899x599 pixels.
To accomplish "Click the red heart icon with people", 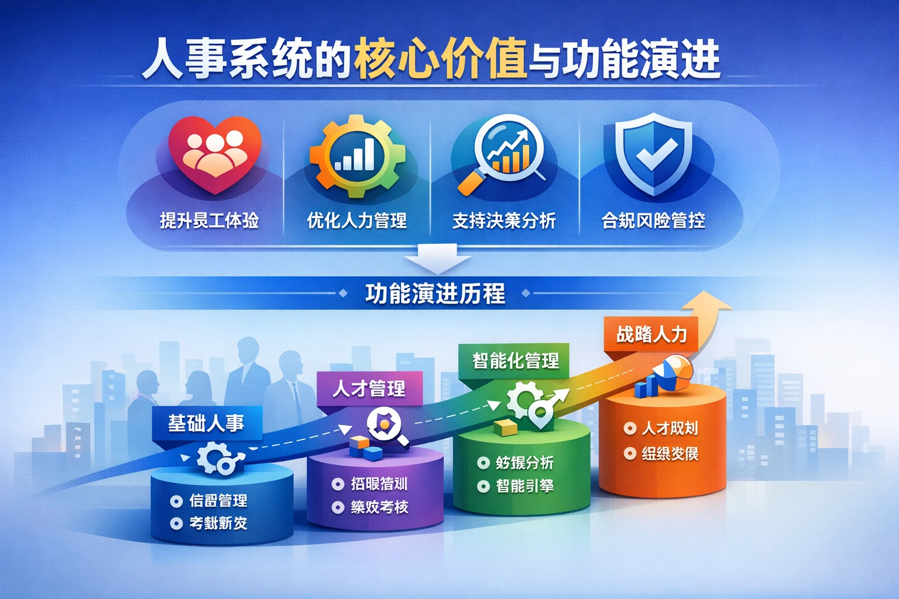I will (214, 153).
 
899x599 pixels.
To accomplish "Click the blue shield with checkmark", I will (653, 153).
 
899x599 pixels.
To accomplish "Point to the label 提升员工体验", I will (210, 221).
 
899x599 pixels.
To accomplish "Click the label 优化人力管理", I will (357, 221).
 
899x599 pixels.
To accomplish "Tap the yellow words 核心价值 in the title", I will (440, 58).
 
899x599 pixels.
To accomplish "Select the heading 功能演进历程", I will (435, 293).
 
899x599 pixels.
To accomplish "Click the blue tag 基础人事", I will (206, 423).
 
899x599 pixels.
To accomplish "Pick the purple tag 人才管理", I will (369, 388).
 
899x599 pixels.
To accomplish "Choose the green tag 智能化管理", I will (515, 360).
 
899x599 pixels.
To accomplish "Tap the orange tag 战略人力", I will (651, 334).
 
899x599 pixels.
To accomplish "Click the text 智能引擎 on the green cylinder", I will (524, 486).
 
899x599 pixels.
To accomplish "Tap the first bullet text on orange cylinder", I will (670, 428).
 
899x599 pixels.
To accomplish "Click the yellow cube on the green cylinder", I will (506, 427).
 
